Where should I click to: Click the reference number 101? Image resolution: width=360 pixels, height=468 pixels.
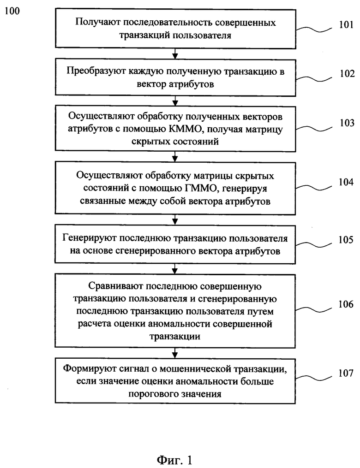346,24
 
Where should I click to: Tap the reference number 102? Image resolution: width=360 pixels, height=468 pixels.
347,73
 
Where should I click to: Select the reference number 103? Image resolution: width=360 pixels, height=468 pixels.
347,123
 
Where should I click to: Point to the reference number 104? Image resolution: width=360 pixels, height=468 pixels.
346,182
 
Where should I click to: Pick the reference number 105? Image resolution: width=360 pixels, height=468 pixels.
346,239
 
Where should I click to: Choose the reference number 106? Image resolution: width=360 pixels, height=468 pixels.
346,304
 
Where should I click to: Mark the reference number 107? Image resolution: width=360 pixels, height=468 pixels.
346,373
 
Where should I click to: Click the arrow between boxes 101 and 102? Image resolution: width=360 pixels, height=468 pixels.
175,54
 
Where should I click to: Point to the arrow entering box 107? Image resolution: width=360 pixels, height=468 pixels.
175,353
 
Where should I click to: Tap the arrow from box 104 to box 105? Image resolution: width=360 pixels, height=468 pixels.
175,220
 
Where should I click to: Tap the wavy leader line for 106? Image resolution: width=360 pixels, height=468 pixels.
313,308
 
